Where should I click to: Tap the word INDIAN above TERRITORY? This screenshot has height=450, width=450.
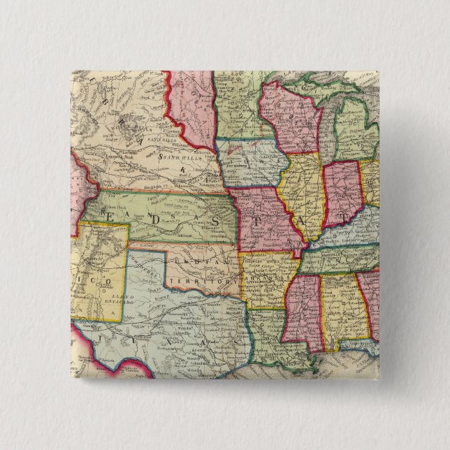pos(193,262)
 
